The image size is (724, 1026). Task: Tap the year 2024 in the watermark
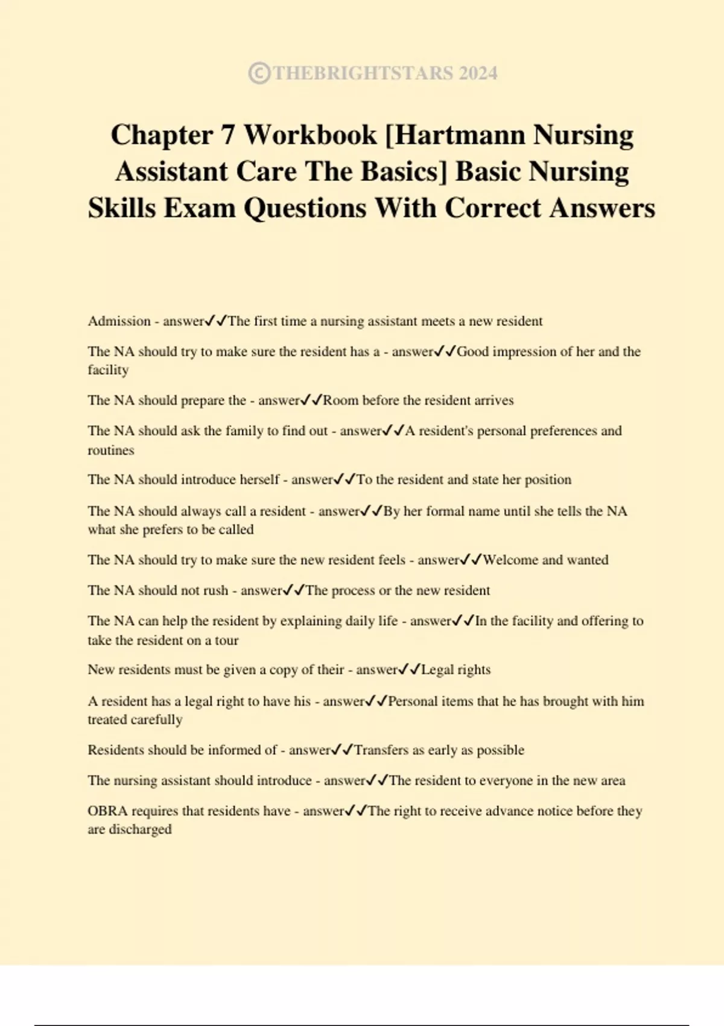478,74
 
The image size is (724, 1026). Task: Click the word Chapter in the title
161,135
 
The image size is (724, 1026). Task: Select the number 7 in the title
227,135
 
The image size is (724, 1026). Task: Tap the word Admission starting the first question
119,321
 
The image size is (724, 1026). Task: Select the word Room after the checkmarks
341,401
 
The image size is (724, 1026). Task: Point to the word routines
111,450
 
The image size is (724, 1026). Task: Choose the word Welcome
510,560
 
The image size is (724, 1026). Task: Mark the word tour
227,640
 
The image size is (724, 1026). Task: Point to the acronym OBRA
107,811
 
